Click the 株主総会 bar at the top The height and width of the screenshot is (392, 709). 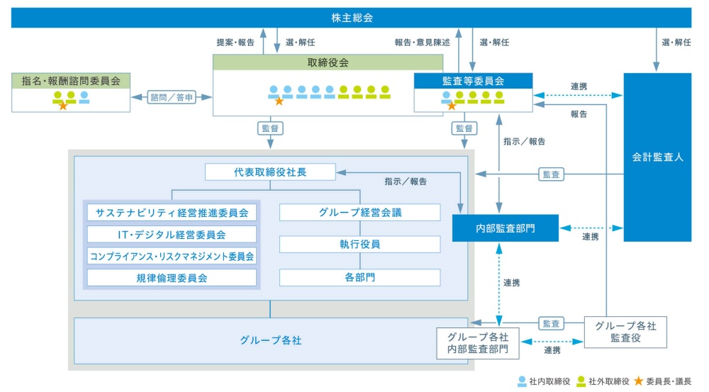(x=352, y=18)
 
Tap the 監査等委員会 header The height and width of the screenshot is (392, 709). (x=473, y=81)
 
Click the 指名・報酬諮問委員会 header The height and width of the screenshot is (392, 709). (x=71, y=81)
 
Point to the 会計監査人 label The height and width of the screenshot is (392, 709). (x=657, y=157)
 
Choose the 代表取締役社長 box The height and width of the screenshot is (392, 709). (x=270, y=172)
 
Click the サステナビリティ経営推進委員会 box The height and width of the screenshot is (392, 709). (x=172, y=213)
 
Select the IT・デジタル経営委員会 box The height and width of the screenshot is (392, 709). (x=172, y=235)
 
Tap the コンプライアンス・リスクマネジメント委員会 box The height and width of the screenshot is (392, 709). (x=172, y=256)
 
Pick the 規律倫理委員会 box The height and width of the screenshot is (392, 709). (x=172, y=278)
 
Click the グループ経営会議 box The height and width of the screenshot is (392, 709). (x=359, y=213)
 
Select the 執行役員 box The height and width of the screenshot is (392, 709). (x=359, y=245)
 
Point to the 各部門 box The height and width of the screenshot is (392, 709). (x=359, y=277)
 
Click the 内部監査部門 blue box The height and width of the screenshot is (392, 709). (x=505, y=228)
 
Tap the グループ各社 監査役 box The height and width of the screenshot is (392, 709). (x=625, y=332)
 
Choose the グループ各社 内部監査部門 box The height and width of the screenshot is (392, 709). (x=478, y=343)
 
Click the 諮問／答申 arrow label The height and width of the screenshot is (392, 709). (x=172, y=98)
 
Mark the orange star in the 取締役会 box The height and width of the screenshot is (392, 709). (x=279, y=101)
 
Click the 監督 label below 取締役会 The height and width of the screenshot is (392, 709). (x=270, y=129)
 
